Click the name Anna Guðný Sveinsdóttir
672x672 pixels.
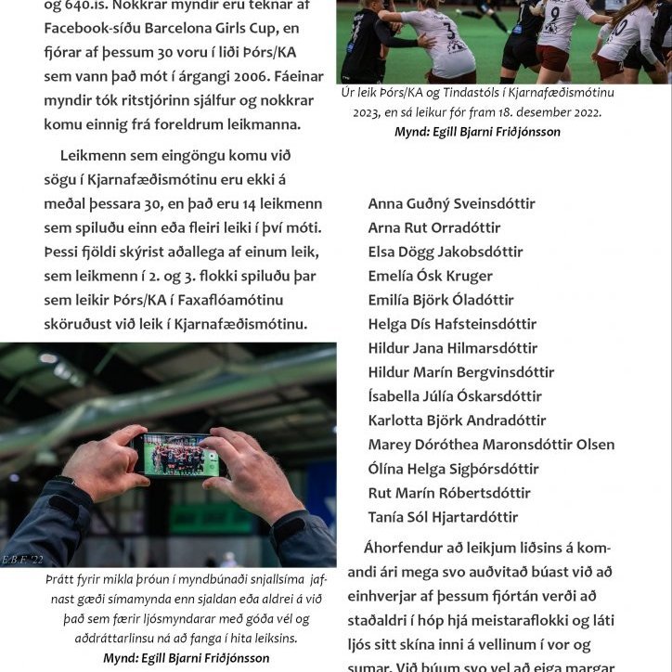(x=451, y=203)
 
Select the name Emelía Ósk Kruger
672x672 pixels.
(x=430, y=276)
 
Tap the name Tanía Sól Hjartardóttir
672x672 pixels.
(x=443, y=517)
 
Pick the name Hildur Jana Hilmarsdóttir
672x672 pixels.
(x=452, y=348)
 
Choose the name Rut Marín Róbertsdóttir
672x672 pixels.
(x=449, y=493)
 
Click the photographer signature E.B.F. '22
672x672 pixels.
(x=23, y=560)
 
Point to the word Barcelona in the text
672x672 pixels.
(x=181, y=29)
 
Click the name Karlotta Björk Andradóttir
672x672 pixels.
(x=457, y=420)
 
